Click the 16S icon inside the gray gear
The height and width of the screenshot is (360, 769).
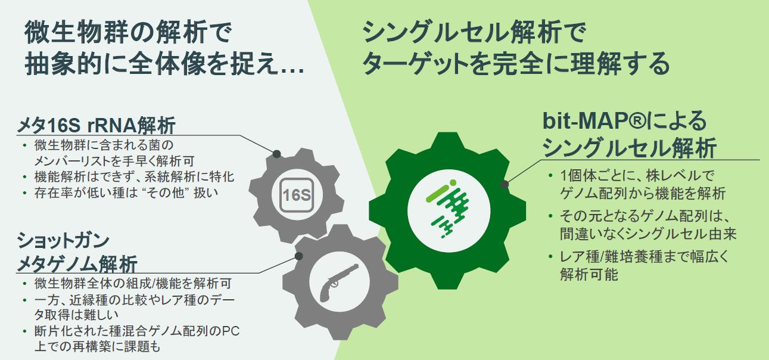coord(297,195)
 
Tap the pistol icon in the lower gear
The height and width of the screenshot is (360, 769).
coord(338,283)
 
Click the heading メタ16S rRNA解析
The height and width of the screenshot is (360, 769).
coord(96,125)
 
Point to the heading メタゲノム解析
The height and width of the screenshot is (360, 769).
coord(77,264)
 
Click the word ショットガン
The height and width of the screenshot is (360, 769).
coord(63,240)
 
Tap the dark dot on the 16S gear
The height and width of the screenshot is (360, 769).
coord(277,154)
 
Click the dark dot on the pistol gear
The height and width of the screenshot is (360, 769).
coord(298,256)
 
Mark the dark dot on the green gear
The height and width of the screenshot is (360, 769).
coord(505,184)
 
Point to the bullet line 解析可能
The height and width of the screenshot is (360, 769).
coord(589,274)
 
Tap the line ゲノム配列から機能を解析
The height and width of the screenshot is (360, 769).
coord(643,193)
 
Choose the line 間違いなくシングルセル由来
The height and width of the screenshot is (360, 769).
coord(648,234)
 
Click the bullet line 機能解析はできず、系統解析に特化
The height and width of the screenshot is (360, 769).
coord(134,176)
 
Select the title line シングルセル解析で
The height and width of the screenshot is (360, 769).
coord(474,32)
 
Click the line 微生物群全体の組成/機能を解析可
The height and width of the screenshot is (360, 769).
coord(133,283)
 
